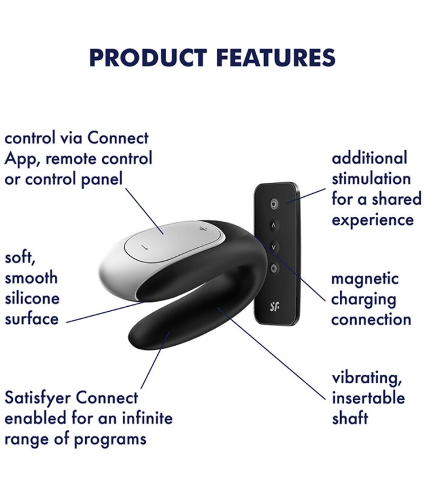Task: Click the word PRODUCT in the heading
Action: [148, 58]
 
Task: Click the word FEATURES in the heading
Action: [276, 58]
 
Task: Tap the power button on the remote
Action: [274, 204]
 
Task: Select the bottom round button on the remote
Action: [274, 268]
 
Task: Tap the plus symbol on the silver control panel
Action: [203, 230]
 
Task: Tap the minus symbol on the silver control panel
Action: [143, 247]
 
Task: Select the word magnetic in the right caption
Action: [365, 278]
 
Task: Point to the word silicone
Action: [32, 298]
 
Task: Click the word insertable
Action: [369, 398]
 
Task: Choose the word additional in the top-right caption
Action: [370, 158]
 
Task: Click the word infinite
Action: [148, 418]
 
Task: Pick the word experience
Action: [373, 221]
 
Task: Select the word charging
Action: [364, 299]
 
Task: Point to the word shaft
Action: [350, 418]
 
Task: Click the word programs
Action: [110, 439]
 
